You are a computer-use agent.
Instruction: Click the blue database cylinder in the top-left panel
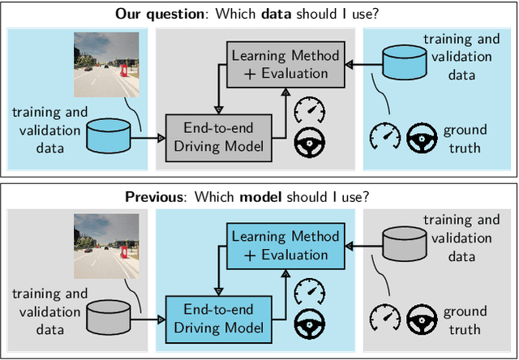click(109, 135)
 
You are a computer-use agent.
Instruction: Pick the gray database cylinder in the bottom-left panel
click(109, 318)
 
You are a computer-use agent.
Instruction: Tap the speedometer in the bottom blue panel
click(309, 290)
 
